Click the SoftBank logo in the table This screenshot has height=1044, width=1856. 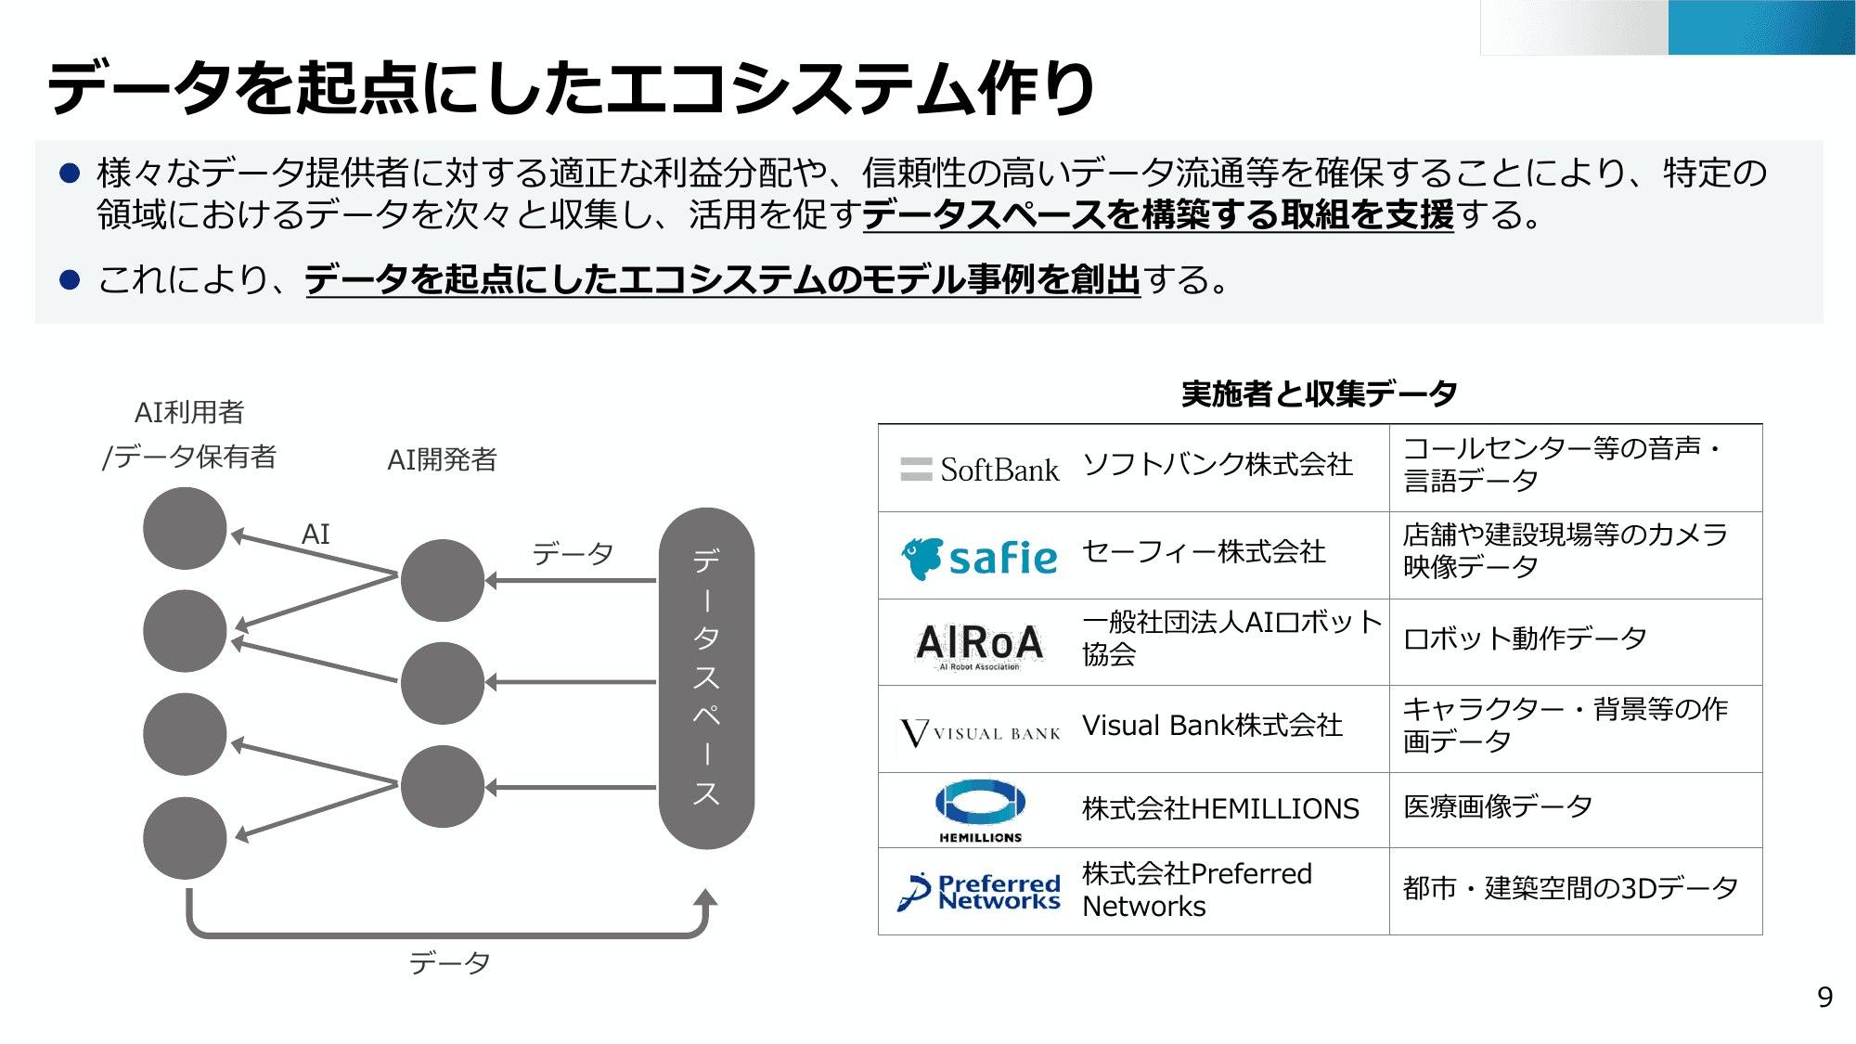(x=980, y=470)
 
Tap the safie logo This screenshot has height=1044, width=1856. (x=980, y=558)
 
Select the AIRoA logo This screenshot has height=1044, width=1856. (x=980, y=644)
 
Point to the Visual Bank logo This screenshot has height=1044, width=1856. (x=980, y=732)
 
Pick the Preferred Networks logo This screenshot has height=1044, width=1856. (x=980, y=892)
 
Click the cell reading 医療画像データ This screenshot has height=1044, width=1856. (x=1498, y=807)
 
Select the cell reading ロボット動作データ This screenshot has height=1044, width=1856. (x=1525, y=638)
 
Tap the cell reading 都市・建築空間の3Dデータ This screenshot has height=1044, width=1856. (x=1570, y=888)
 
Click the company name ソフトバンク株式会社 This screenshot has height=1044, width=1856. (x=1218, y=464)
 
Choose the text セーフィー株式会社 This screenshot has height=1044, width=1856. (x=1204, y=552)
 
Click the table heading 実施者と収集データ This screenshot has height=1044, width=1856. (x=1319, y=393)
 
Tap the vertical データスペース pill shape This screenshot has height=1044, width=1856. (x=706, y=677)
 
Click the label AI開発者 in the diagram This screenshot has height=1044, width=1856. (x=442, y=459)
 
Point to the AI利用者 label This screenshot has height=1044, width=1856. (x=189, y=412)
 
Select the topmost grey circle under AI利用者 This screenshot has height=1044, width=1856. (x=185, y=528)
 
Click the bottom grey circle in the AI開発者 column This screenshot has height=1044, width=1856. (x=443, y=786)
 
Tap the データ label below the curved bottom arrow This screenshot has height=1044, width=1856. (x=449, y=962)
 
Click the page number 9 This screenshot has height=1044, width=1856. (x=1824, y=997)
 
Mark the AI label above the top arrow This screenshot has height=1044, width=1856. (x=316, y=534)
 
